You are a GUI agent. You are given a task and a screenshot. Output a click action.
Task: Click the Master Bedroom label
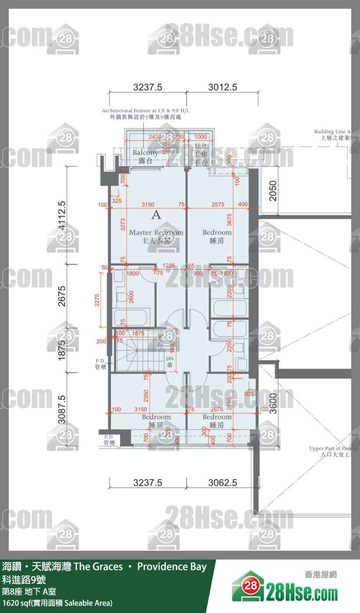click(156, 232)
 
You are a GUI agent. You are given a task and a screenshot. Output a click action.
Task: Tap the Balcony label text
click(145, 153)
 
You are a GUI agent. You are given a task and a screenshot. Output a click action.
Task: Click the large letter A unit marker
click(156, 215)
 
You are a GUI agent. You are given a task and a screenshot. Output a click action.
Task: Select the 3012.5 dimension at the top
click(222, 87)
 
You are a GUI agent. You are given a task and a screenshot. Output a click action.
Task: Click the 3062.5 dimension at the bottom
click(222, 483)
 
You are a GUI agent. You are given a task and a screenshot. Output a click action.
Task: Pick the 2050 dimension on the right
click(273, 191)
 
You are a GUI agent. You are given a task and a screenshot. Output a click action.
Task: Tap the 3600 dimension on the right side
click(273, 403)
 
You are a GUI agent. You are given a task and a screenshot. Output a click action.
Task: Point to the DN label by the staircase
click(170, 359)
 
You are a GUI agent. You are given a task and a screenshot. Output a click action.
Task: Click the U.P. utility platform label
click(201, 146)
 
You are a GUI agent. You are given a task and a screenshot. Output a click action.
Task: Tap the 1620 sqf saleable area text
click(57, 603)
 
